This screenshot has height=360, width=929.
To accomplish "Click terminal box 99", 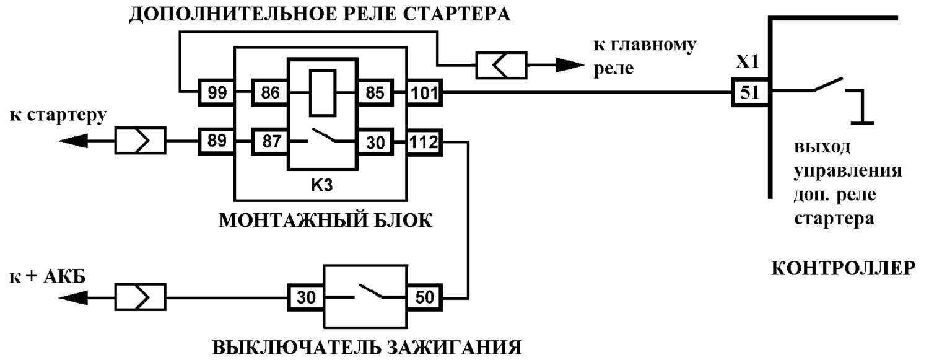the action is [216, 92].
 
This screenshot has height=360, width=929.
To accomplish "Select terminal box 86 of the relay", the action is [269, 92].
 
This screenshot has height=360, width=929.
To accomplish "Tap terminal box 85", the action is [375, 92].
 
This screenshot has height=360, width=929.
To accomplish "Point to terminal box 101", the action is [424, 92].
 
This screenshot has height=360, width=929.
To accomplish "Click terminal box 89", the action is [216, 141].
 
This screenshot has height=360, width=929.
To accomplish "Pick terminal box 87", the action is [269, 141].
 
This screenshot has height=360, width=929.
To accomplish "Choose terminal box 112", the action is [424, 143].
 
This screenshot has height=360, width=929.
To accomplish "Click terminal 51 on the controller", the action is [750, 92].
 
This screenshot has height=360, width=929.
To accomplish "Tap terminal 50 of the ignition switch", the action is [424, 297].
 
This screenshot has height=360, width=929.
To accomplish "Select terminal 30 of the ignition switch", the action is [306, 297].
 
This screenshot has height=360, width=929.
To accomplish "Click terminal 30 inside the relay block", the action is [375, 143].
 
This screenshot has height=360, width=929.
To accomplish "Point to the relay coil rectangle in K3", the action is [323, 93].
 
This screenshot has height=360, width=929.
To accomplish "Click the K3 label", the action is [322, 185].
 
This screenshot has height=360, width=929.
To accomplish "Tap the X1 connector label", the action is [748, 62].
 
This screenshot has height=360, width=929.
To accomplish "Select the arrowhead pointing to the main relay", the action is [570, 65].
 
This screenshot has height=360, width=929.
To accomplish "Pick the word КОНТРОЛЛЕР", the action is [843, 269].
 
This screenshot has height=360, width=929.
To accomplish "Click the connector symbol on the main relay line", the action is [501, 65].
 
